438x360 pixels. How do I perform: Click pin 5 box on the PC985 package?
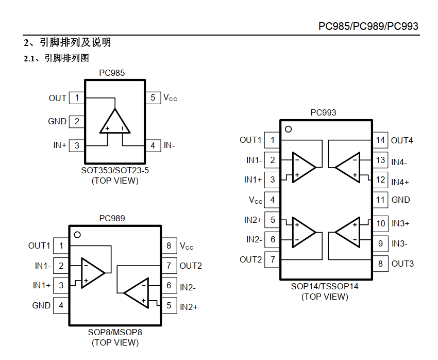(153, 98)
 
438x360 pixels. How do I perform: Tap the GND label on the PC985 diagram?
(57, 121)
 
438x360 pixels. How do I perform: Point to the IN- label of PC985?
(170, 145)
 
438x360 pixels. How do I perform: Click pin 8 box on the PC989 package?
(169, 246)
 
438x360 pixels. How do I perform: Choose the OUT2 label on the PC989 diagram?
(191, 266)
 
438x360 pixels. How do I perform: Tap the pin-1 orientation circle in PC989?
(77, 235)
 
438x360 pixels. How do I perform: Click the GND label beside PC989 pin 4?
(41, 305)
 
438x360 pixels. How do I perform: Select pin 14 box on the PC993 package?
(380, 140)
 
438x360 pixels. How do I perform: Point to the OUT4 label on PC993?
(402, 140)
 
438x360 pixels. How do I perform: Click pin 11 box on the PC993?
(380, 200)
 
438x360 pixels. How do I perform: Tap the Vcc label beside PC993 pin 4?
(256, 200)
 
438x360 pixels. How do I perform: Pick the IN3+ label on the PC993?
(400, 224)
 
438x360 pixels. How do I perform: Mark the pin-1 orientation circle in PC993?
(289, 129)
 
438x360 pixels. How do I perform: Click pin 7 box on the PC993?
(273, 259)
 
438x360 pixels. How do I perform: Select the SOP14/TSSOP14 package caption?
(325, 286)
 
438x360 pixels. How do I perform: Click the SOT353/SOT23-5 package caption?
(115, 170)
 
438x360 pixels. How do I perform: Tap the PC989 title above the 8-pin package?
(112, 218)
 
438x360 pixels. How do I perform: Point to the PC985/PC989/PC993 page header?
(368, 26)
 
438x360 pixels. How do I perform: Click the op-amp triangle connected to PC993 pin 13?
(347, 168)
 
